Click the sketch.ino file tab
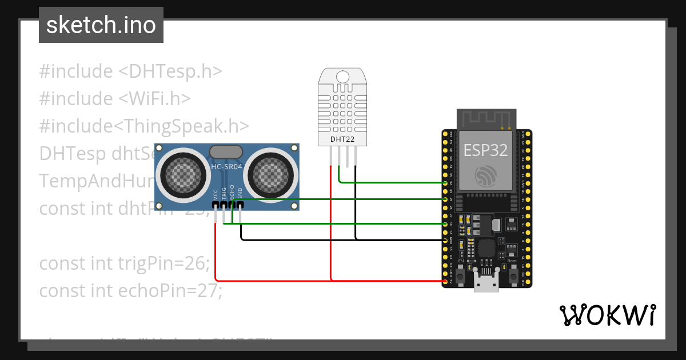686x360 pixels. [x=101, y=25]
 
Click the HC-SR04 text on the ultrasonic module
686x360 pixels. [x=226, y=167]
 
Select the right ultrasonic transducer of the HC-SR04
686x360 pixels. [x=272, y=173]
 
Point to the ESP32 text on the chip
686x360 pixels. [x=485, y=150]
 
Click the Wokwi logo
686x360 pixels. [x=607, y=315]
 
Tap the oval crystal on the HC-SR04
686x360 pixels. [x=226, y=151]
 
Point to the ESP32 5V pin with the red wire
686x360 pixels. [x=445, y=281]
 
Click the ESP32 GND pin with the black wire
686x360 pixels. [x=445, y=241]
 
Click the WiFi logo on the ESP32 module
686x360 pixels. [x=486, y=175]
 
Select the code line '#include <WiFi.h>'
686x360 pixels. [x=114, y=98]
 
